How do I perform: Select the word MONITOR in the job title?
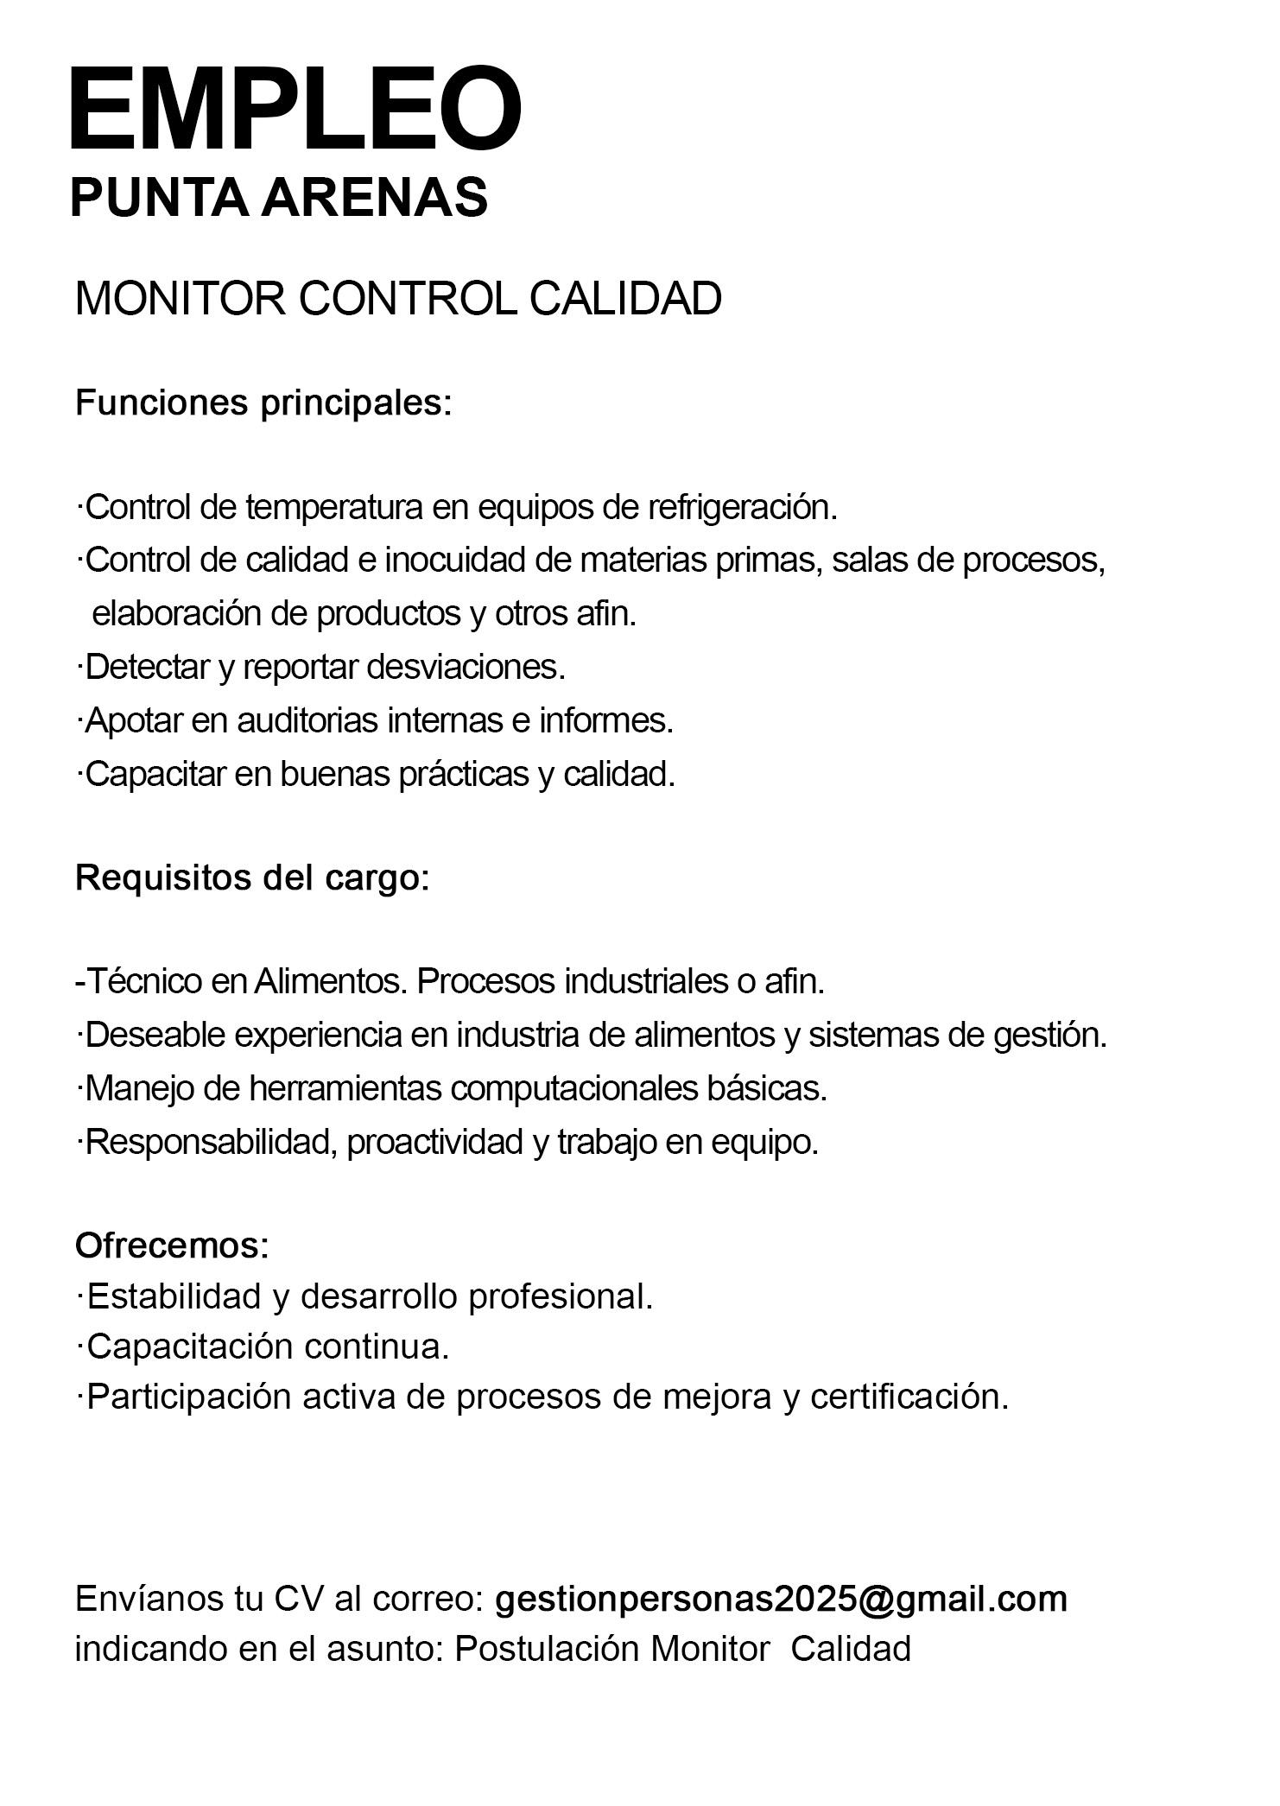point(180,299)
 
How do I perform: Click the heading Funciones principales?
point(263,403)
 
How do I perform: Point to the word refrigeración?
point(743,508)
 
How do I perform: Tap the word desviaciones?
point(466,667)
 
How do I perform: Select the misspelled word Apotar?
point(133,720)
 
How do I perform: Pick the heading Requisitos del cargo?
point(251,878)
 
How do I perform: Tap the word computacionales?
point(574,1088)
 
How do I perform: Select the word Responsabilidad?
point(210,1142)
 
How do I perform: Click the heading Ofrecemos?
point(172,1245)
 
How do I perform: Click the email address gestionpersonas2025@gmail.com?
point(781,1599)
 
